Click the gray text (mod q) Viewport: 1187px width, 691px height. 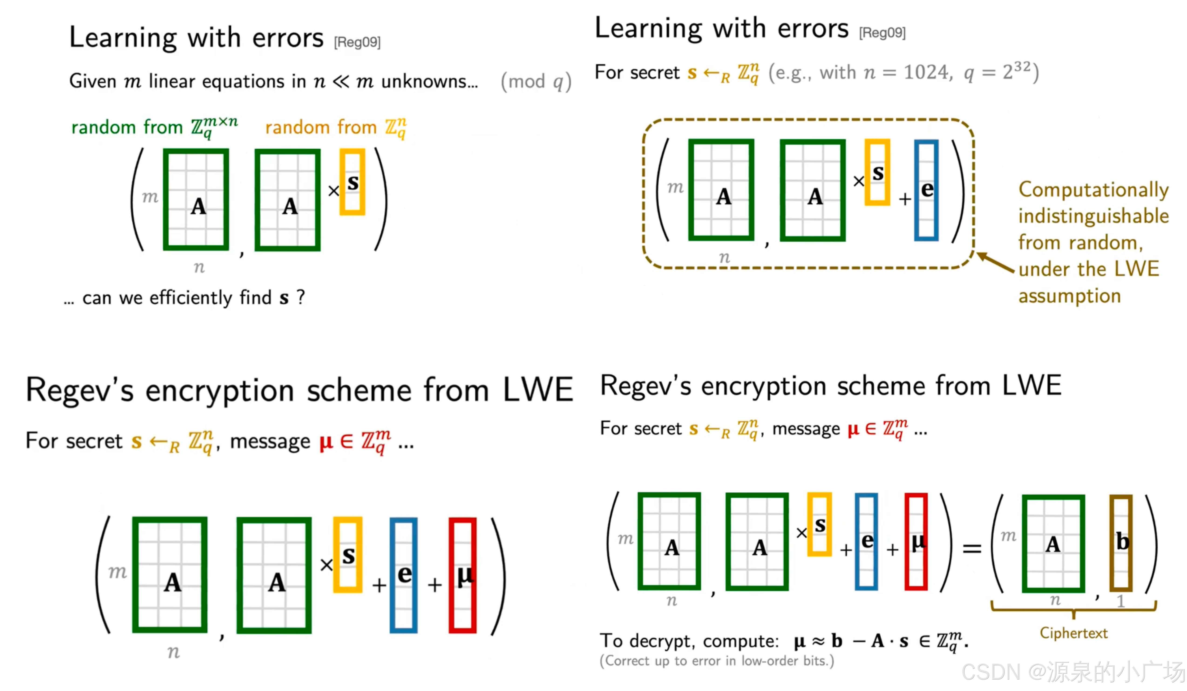536,82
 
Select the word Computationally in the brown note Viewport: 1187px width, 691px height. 1093,190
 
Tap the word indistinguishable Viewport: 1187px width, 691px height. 1093,216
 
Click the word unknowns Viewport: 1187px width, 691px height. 429,81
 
